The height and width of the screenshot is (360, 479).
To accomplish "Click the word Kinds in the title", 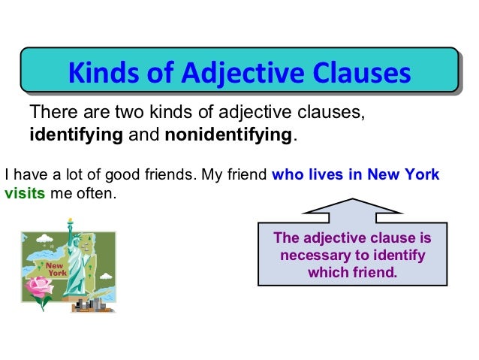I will pyautogui.click(x=98, y=74).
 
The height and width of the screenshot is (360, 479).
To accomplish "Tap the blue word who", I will pyautogui.click(x=286, y=176).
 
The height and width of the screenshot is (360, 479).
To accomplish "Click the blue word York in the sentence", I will pyautogui.click(x=422, y=176).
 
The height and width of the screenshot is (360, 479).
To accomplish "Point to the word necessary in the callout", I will pyautogui.click(x=314, y=256).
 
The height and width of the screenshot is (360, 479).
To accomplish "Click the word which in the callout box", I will pyautogui.click(x=327, y=271).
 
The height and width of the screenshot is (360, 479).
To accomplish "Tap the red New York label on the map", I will pyautogui.click(x=56, y=269).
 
